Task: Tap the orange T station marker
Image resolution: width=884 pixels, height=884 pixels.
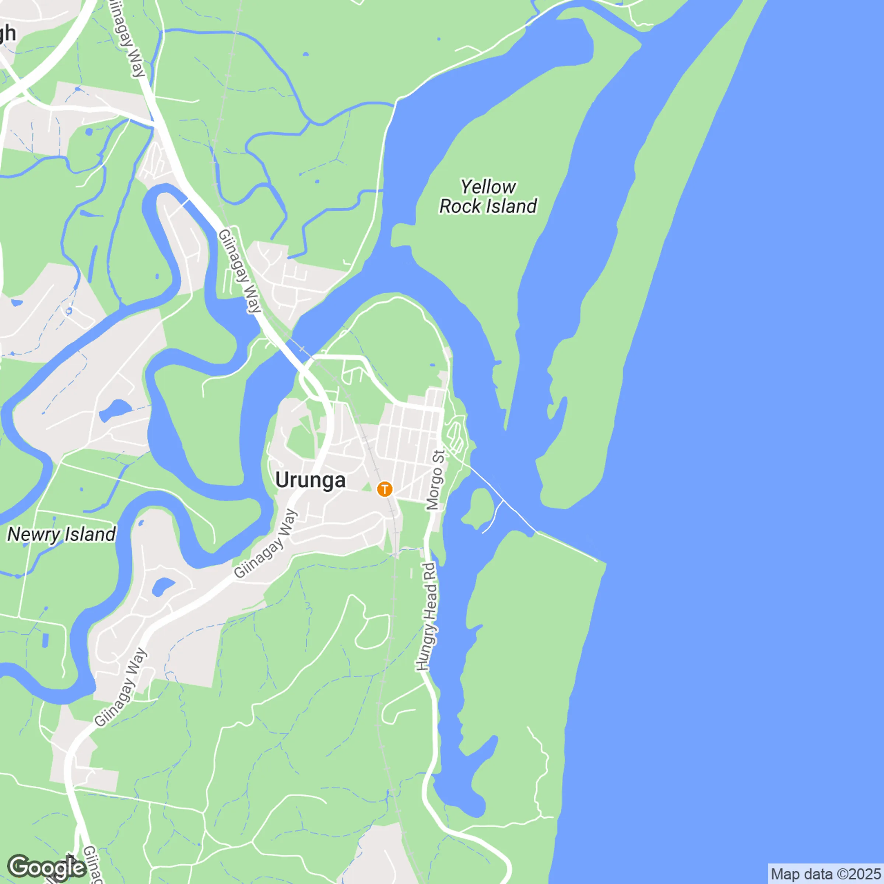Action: pos(384,489)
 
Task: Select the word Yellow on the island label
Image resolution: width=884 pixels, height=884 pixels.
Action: pos(488,187)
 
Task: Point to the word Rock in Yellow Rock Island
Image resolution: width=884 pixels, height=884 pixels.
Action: pos(460,207)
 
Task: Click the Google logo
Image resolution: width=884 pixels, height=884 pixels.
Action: pos(47,867)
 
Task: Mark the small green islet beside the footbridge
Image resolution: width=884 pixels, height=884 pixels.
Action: pos(478,507)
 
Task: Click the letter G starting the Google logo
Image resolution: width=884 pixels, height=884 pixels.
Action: pos(18,867)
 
